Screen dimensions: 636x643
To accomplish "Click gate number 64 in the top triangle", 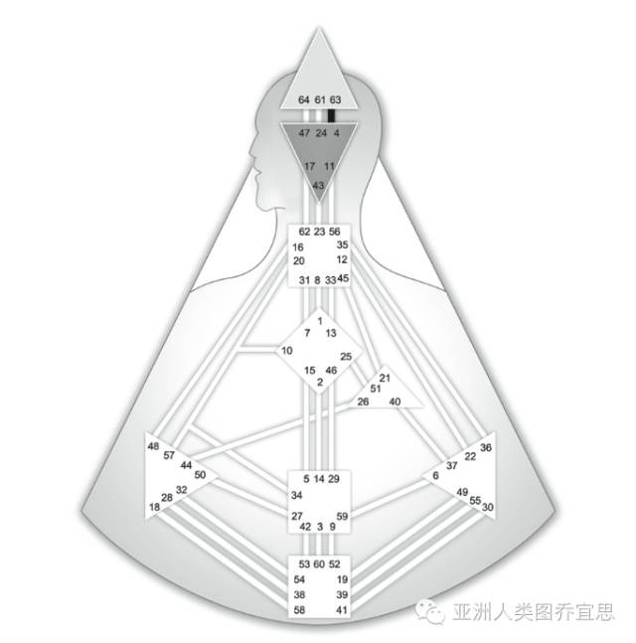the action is (303, 99).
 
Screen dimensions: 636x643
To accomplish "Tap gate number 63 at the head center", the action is (335, 99).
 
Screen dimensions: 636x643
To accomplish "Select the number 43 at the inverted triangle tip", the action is (318, 185).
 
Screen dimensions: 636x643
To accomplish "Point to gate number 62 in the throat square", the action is (304, 232).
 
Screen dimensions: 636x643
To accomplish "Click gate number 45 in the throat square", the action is (343, 278).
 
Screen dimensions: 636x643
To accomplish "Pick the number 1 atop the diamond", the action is (320, 320).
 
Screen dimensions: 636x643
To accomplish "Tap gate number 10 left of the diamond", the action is (287, 351).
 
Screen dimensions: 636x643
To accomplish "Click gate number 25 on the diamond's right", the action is (346, 356).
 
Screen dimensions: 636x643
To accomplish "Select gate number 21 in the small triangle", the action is (385, 378).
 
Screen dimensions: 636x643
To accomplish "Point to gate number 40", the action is (395, 402).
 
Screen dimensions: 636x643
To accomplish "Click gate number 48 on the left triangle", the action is (153, 446).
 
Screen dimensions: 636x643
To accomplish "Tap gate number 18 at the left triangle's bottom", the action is (155, 507).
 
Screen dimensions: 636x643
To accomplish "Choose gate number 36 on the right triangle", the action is (485, 447).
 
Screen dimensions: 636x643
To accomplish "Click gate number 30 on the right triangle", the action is (487, 507).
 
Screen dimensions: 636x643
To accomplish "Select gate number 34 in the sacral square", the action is (296, 495).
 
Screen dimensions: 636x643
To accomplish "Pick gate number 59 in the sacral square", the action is (342, 517).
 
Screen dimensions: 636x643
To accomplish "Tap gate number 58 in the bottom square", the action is (299, 608).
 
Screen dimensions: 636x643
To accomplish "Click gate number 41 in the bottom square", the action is (341, 608).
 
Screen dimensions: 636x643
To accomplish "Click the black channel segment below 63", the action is (334, 115).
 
